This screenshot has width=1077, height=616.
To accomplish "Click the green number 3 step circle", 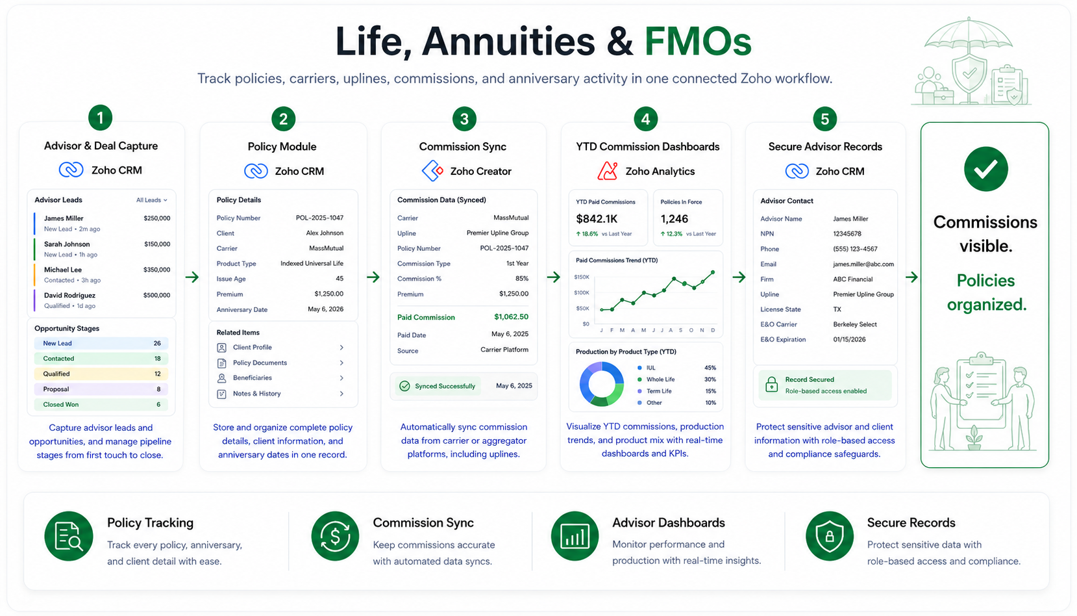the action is tap(464, 119).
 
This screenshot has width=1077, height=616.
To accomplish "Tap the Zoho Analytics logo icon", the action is tap(607, 171).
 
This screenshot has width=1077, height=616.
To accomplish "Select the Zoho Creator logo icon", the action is tap(432, 171).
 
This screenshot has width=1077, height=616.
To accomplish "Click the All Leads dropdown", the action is tap(151, 199).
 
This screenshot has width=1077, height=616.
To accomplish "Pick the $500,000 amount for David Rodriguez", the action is tap(156, 295).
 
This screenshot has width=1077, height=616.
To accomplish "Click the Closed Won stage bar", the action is tap(101, 404).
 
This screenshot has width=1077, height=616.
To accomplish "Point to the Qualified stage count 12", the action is tap(157, 374).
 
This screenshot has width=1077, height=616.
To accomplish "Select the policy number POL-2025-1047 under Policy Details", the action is tap(320, 218).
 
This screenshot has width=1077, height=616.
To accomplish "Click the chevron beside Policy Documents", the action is tap(341, 363).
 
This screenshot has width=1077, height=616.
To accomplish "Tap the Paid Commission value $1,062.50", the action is tap(511, 316).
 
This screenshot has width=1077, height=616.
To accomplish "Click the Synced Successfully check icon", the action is tap(405, 386).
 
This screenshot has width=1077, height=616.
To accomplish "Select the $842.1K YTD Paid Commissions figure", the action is tap(597, 219).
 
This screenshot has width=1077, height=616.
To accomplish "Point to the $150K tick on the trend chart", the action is tap(582, 277).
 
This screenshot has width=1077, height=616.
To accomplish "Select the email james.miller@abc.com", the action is tap(863, 264).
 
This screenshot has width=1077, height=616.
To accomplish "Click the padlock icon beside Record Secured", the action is tap(772, 385).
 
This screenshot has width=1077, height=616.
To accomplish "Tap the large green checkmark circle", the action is tap(985, 169).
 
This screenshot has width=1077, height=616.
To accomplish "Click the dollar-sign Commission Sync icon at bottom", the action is tap(335, 536).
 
